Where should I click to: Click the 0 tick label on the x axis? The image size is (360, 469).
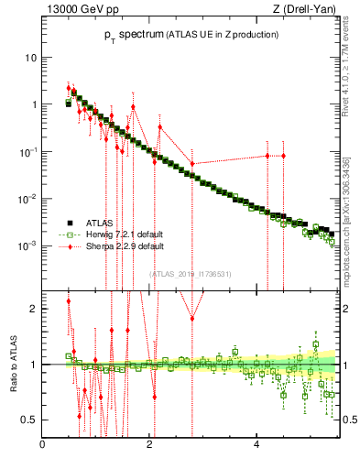click(43, 446)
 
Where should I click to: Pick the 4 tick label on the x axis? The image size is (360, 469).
click(256, 446)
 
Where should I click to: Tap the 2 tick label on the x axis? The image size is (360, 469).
click(150, 446)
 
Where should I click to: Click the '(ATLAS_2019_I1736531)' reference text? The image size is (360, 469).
click(191, 273)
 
